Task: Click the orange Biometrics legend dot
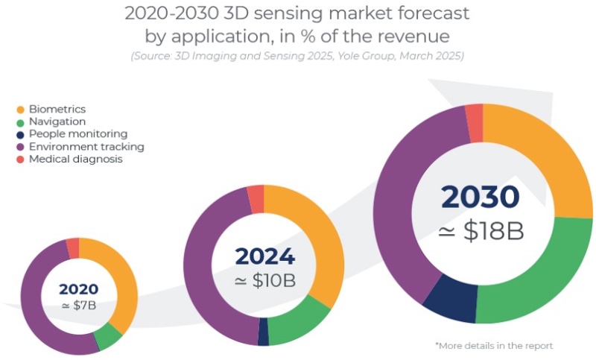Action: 20,110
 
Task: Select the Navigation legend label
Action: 57,121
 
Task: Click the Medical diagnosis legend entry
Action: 75,159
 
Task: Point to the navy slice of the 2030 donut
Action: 450,298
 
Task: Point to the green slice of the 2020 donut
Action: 109,337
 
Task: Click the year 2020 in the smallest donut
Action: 78,288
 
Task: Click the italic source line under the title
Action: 297,57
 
